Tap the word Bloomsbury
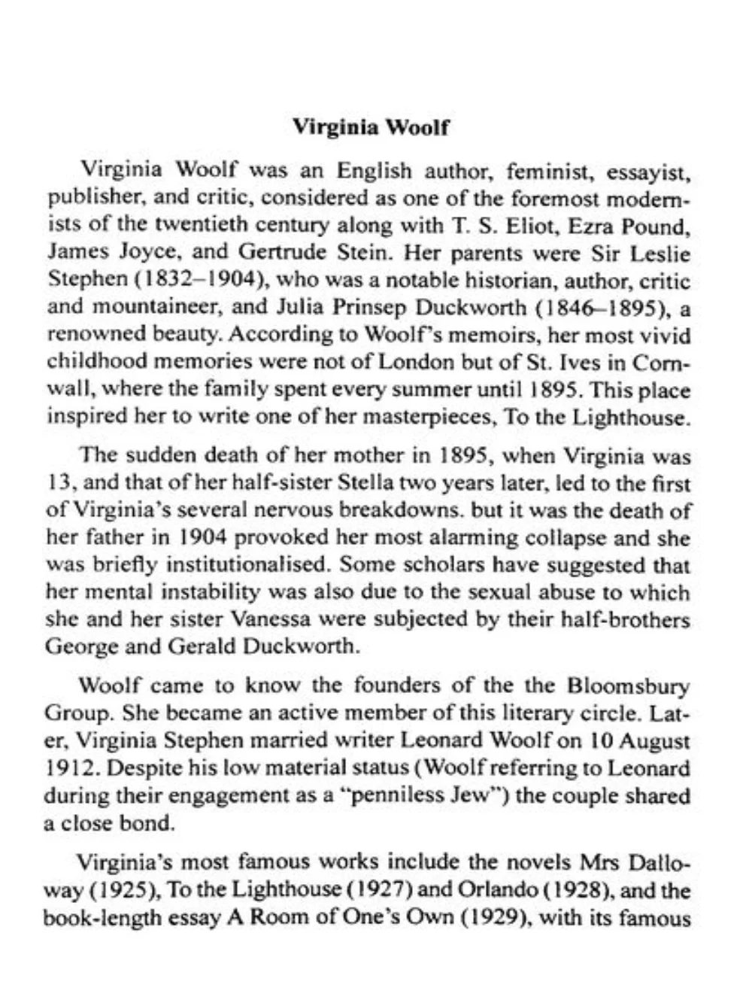click(x=629, y=686)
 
